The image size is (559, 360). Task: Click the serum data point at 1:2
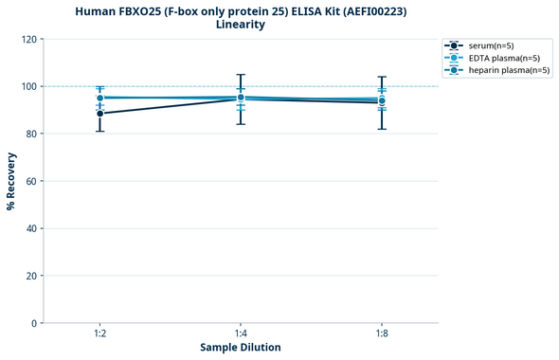(100, 114)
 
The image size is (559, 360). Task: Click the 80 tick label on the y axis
(30, 134)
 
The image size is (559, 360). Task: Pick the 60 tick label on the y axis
(30, 181)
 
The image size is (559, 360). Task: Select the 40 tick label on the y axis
(30, 228)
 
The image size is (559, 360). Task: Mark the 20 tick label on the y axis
(30, 276)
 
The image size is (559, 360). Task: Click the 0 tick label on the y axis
(33, 323)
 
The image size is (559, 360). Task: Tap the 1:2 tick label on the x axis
(100, 334)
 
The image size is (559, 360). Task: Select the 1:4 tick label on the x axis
(241, 334)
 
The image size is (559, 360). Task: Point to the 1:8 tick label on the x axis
(382, 334)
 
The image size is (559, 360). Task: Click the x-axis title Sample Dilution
(241, 348)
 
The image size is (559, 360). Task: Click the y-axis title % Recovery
(11, 181)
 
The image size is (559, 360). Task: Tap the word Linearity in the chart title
(241, 25)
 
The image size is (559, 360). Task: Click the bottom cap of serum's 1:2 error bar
(100, 131)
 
